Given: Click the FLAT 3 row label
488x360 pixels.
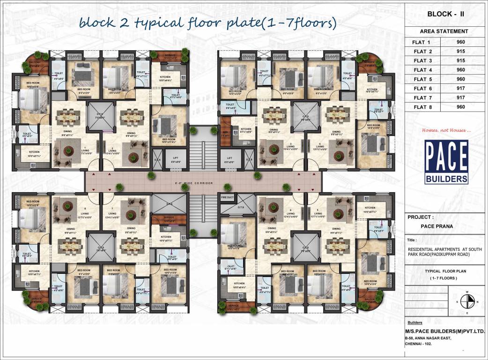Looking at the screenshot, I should pos(422,60).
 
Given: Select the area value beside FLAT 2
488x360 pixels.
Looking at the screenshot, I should pos(460,51).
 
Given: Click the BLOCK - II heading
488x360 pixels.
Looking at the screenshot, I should pos(446,15).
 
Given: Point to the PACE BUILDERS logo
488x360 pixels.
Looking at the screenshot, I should pos(446,162).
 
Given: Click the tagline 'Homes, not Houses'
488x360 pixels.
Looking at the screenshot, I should pos(443,130).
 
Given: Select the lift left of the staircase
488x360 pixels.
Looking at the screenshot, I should pos(176,159).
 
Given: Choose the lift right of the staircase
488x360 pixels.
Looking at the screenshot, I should pos(230,159).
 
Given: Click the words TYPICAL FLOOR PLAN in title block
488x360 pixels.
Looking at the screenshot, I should pos(445,271).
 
